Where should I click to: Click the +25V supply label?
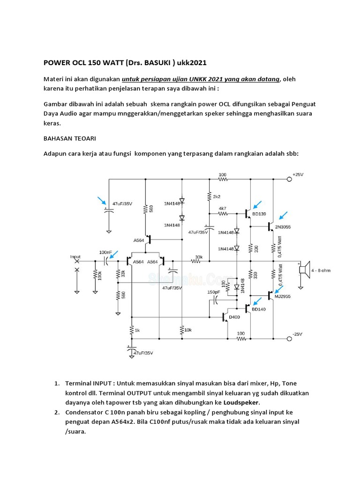(298, 174)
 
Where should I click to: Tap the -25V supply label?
(298, 334)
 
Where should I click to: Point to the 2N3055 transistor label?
(283, 227)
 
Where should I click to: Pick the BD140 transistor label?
(259, 310)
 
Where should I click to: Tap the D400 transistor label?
(234, 318)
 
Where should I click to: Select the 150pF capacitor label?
(214, 292)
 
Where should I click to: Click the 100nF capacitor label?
(105, 252)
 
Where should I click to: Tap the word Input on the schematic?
(75, 256)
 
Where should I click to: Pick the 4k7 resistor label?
(223, 208)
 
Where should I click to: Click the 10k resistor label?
(188, 330)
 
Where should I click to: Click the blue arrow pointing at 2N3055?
(283, 215)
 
